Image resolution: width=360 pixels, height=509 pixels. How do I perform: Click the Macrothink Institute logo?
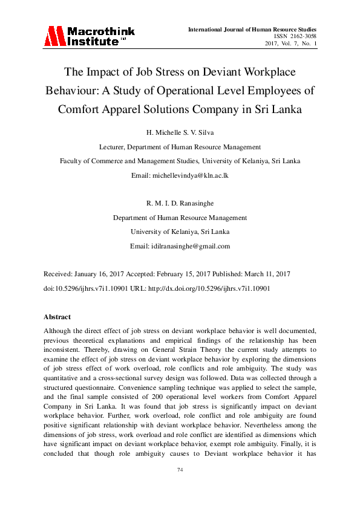(x=89, y=36)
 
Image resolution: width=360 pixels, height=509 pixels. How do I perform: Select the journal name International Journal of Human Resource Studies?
(x=252, y=29)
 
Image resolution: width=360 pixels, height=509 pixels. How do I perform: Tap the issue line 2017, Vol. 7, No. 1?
(x=291, y=44)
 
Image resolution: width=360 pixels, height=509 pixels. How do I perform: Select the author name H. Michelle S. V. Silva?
(x=180, y=132)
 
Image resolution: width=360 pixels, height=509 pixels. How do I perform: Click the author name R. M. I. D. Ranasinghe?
(x=180, y=204)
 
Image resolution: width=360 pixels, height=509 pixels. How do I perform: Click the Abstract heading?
(x=57, y=317)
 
